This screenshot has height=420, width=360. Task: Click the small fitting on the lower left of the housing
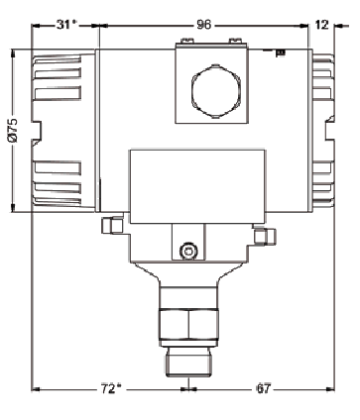click(x=111, y=226)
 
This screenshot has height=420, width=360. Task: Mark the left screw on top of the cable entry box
click(x=183, y=42)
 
